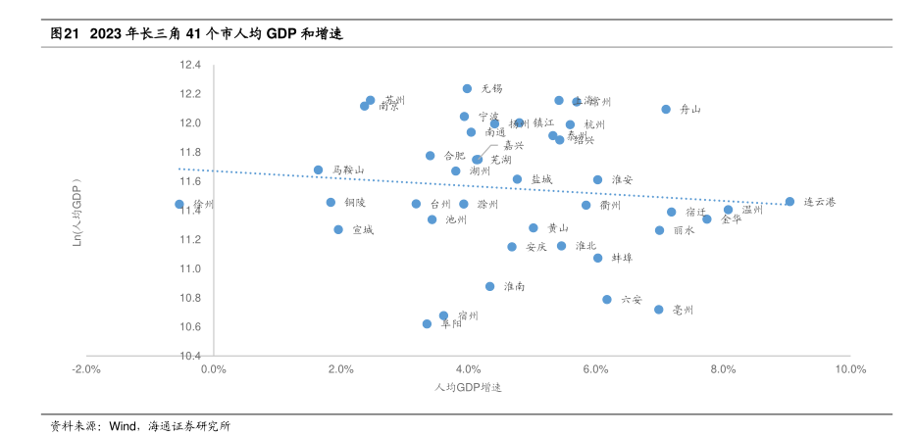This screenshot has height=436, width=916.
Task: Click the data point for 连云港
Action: pos(789,202)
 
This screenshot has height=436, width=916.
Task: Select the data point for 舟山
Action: pos(666,110)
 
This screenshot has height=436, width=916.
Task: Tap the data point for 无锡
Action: pos(467,89)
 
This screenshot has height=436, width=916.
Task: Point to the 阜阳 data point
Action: pos(427,323)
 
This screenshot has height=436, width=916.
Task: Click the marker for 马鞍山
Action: pos(318,170)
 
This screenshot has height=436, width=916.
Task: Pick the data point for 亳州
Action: pos(659,310)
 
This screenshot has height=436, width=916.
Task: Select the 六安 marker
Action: pos(607,300)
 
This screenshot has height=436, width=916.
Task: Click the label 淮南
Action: pos(514,286)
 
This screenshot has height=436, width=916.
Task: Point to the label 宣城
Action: pos(362,230)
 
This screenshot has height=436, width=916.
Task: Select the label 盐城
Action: pos(541,179)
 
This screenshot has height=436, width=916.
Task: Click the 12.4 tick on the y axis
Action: pos(189,66)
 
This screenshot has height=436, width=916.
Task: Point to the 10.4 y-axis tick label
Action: pos(189,356)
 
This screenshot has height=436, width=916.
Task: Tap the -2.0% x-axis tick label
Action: pos(86,370)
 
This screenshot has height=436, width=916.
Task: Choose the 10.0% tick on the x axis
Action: pos(850,370)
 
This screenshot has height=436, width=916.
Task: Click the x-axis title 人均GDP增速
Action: pos(468,388)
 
